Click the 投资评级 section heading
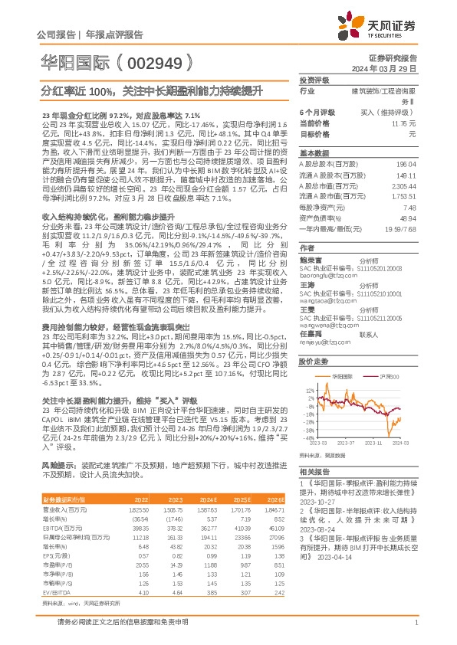point(314,80)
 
